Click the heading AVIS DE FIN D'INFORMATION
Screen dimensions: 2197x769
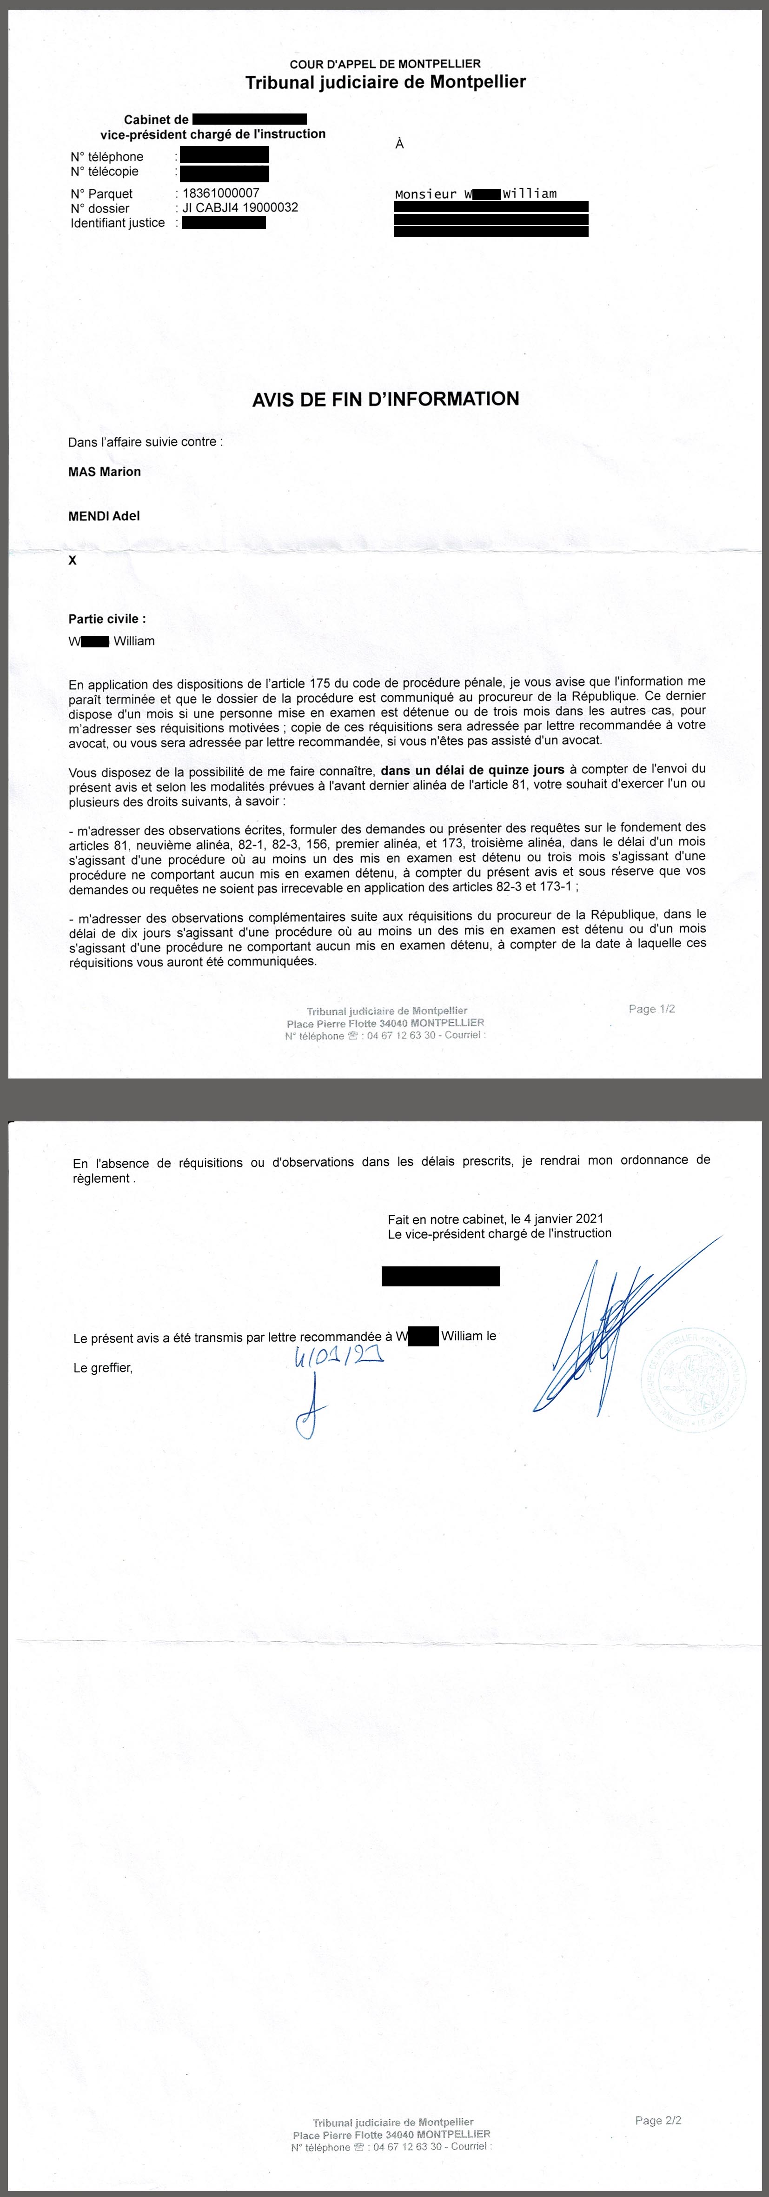pyautogui.click(x=385, y=399)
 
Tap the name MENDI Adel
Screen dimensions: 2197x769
pyautogui.click(x=104, y=516)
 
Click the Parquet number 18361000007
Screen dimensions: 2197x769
pyautogui.click(x=221, y=193)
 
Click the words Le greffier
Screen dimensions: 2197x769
pyautogui.click(x=103, y=1368)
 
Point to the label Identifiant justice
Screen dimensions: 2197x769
pyautogui.click(x=118, y=223)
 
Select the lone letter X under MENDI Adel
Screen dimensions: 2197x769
pyautogui.click(x=73, y=560)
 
